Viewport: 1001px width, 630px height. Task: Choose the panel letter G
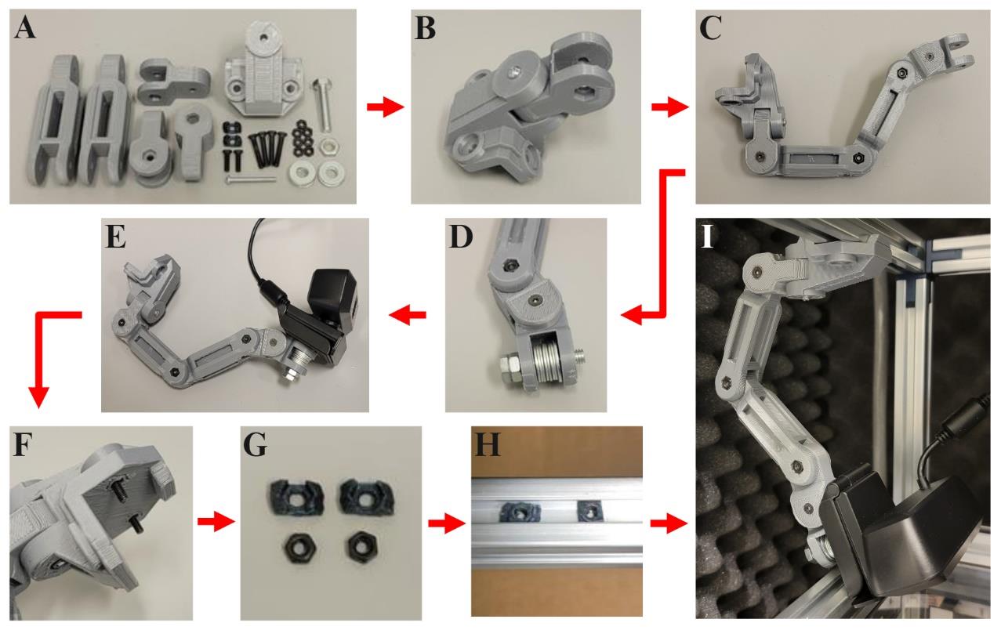[x=256, y=444]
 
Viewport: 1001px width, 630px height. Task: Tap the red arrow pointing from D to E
[x=410, y=315]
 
